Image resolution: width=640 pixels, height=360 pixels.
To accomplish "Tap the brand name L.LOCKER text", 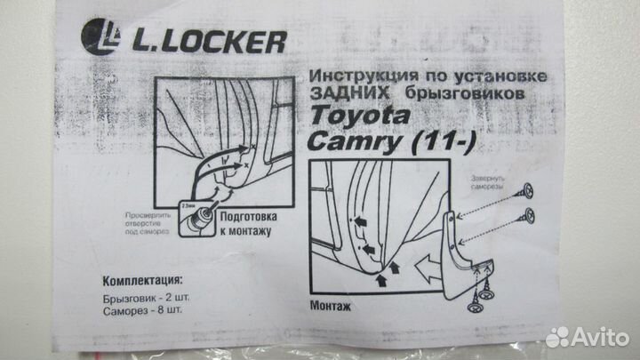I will (210, 40).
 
